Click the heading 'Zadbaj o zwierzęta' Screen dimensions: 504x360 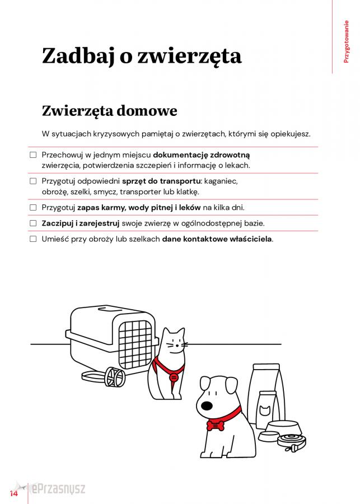coord(142,56)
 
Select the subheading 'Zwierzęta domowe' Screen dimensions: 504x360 coord(109,110)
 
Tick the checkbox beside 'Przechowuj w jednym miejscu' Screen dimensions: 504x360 coord(32,154)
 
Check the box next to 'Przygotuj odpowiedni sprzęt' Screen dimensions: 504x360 coord(32,181)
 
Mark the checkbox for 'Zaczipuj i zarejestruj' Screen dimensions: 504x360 coord(32,223)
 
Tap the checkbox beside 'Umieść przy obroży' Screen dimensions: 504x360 coord(32,239)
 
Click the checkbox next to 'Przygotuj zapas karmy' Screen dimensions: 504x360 coord(32,207)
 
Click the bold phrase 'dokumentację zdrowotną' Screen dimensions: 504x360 coord(202,154)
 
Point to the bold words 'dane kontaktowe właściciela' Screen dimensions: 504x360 coord(217,239)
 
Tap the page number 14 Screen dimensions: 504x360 coord(13,493)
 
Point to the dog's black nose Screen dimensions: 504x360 coord(207,405)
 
